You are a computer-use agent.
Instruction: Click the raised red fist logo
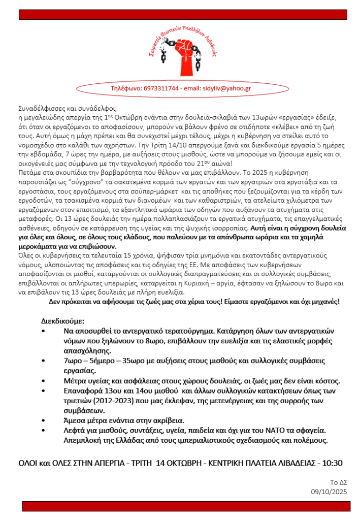tap(180, 54)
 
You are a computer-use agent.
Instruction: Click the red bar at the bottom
tap(180, 506)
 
